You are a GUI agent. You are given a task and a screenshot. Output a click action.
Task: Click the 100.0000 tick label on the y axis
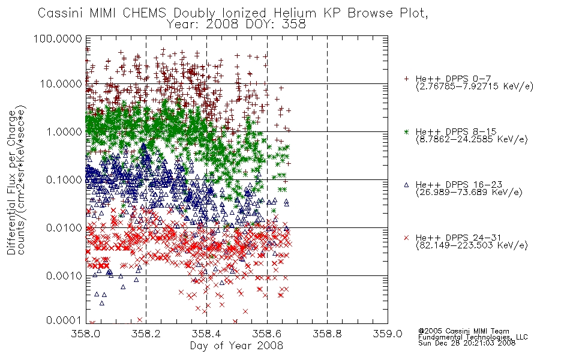click(58, 38)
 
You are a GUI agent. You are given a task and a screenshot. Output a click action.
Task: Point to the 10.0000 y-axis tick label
click(61, 84)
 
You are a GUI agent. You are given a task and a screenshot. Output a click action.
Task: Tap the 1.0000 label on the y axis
click(64, 131)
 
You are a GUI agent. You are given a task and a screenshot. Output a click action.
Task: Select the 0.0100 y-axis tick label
click(64, 228)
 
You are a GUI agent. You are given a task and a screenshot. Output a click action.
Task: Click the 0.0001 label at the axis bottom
click(64, 320)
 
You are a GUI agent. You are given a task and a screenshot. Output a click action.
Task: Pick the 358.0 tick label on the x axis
click(86, 334)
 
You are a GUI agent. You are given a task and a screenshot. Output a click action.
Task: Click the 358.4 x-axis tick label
click(206, 334)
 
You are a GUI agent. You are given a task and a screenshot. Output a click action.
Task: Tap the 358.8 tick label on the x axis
click(327, 334)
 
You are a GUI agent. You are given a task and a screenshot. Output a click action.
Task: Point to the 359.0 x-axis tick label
click(388, 334)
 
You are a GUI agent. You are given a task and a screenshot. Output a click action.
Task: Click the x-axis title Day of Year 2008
click(236, 346)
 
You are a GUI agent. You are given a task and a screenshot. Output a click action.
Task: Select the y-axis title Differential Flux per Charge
click(12, 182)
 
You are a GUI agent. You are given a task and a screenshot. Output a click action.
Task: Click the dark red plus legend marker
click(406, 79)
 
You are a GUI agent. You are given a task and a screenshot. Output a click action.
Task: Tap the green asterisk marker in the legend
click(406, 131)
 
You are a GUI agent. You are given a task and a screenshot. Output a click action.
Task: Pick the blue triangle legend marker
click(406, 185)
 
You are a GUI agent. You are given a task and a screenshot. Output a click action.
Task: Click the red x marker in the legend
click(406, 238)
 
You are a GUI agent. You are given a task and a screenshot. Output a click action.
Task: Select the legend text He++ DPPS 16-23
click(459, 185)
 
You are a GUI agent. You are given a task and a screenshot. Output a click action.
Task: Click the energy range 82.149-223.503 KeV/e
click(472, 245)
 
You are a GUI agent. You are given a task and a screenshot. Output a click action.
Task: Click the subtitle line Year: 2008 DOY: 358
click(236, 25)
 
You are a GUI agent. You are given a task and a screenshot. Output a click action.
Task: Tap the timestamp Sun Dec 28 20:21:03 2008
click(467, 343)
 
